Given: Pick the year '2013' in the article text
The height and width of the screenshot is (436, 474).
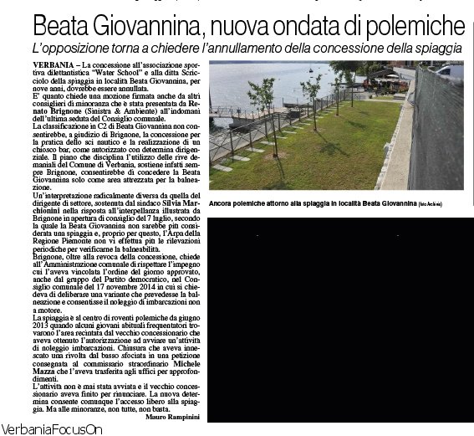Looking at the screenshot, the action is [x=38, y=326].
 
